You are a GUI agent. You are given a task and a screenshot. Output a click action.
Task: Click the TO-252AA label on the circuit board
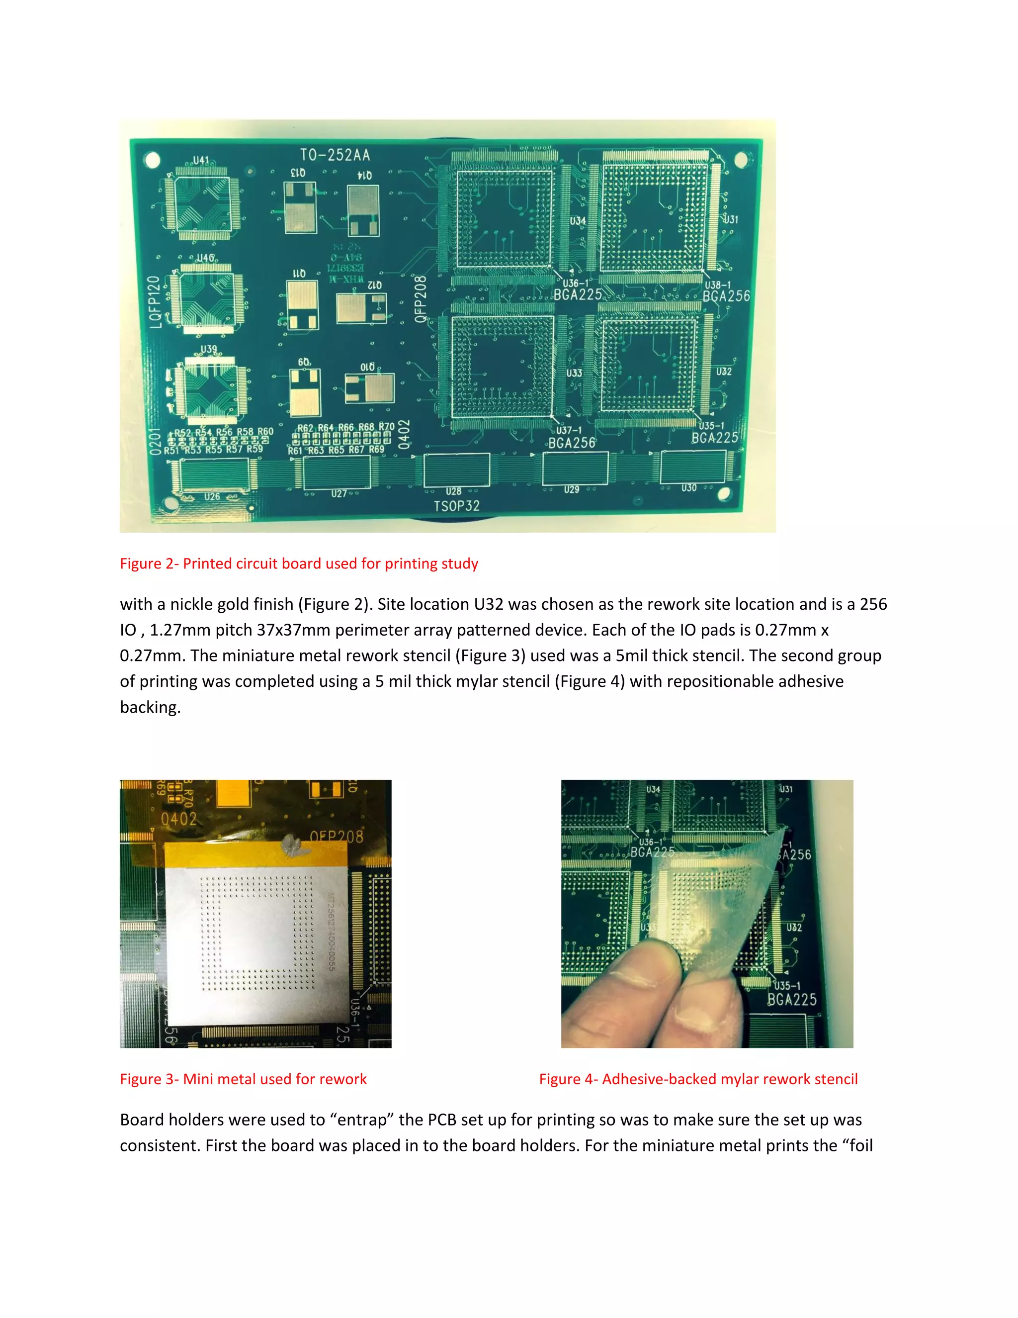point(336,155)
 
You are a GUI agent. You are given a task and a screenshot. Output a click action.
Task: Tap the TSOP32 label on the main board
point(456,506)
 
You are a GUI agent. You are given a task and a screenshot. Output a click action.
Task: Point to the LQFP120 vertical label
point(155,302)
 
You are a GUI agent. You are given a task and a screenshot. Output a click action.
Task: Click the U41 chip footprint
point(202,203)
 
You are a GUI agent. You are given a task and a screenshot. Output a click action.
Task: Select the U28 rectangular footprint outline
point(456,470)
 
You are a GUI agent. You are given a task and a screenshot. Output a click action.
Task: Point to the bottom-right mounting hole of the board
point(724,494)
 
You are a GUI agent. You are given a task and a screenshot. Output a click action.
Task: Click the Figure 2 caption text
point(299,564)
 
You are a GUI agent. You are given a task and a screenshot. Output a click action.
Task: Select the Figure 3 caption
point(243,1079)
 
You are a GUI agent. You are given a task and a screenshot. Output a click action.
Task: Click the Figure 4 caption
point(698,1079)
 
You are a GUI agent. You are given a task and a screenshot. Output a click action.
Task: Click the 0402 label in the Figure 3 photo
point(178,819)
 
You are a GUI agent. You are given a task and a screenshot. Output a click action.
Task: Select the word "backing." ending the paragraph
point(150,707)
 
